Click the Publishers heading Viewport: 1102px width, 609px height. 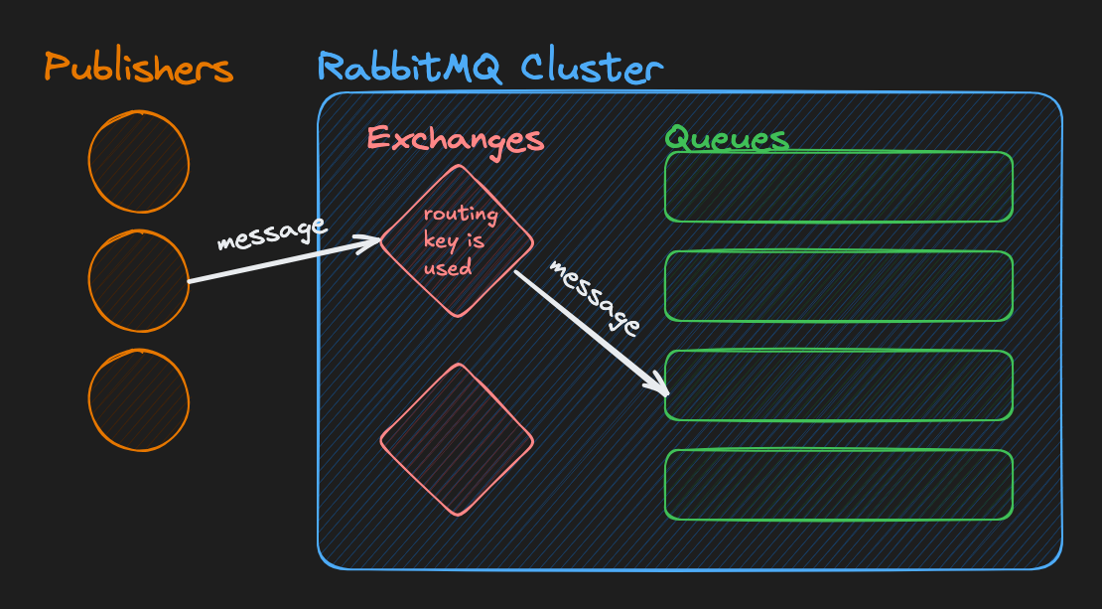point(138,69)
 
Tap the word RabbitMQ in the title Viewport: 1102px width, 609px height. point(410,68)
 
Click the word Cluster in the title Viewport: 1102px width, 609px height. point(592,67)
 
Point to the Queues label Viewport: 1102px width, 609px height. point(727,137)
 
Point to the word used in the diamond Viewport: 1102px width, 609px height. point(448,267)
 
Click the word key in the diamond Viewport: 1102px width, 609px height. point(441,241)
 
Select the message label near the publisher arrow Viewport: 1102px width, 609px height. point(272,233)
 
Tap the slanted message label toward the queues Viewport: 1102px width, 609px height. point(595,298)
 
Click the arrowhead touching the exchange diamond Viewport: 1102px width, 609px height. point(371,241)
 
